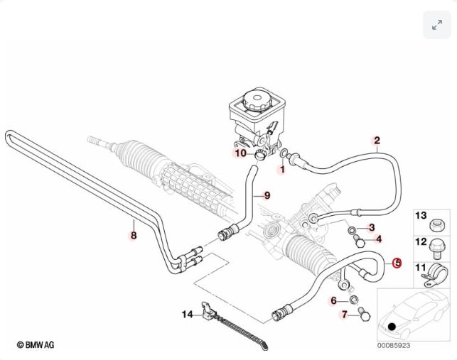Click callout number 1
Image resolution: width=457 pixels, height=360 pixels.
pyautogui.click(x=281, y=170)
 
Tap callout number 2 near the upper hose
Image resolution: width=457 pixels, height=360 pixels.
pyautogui.click(x=377, y=141)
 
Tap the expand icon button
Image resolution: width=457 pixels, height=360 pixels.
pyautogui.click(x=436, y=25)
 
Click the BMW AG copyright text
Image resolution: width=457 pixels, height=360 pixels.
pyautogui.click(x=36, y=344)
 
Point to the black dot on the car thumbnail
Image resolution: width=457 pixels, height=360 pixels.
pyautogui.click(x=391, y=326)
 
